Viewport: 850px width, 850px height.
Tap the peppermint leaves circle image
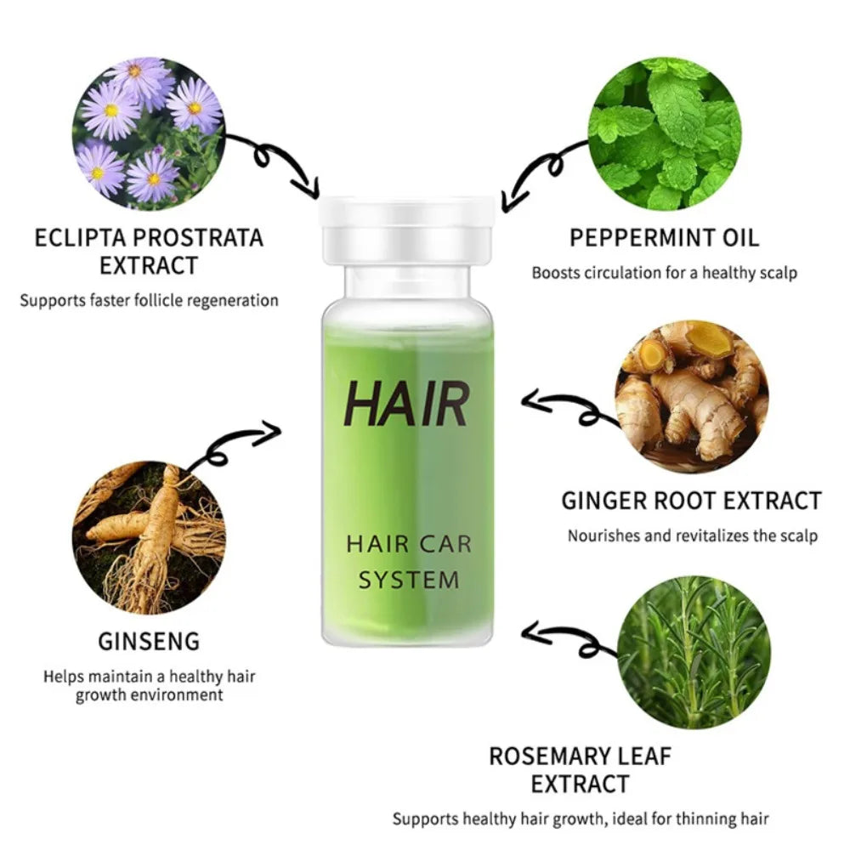click(x=665, y=133)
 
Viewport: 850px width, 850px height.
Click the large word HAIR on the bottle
click(x=406, y=405)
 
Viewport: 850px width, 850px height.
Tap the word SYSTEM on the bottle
click(x=408, y=580)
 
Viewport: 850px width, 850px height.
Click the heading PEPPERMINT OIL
click(x=665, y=237)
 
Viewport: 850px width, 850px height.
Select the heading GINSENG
click(x=149, y=640)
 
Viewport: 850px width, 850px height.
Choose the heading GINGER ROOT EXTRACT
click(x=691, y=501)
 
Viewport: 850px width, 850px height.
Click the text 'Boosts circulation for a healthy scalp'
click(x=665, y=274)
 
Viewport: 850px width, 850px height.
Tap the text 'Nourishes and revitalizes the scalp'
click(x=692, y=535)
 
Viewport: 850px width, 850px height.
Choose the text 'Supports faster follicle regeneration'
click(x=150, y=300)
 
